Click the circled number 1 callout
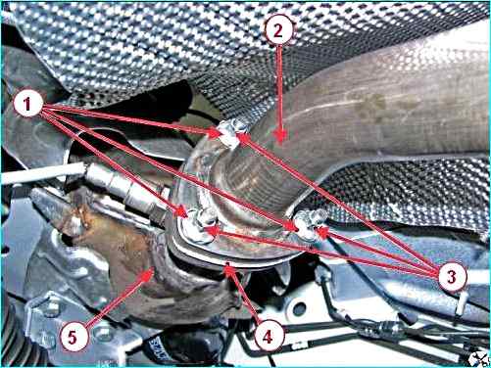[28, 104]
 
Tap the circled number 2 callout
[278, 30]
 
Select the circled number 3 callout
[452, 276]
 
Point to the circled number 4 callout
[269, 336]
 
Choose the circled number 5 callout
[74, 337]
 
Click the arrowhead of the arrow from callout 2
[279, 137]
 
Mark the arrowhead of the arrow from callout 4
[229, 269]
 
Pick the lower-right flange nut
[309, 224]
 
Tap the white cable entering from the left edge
[42, 173]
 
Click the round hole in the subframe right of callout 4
[299, 309]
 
